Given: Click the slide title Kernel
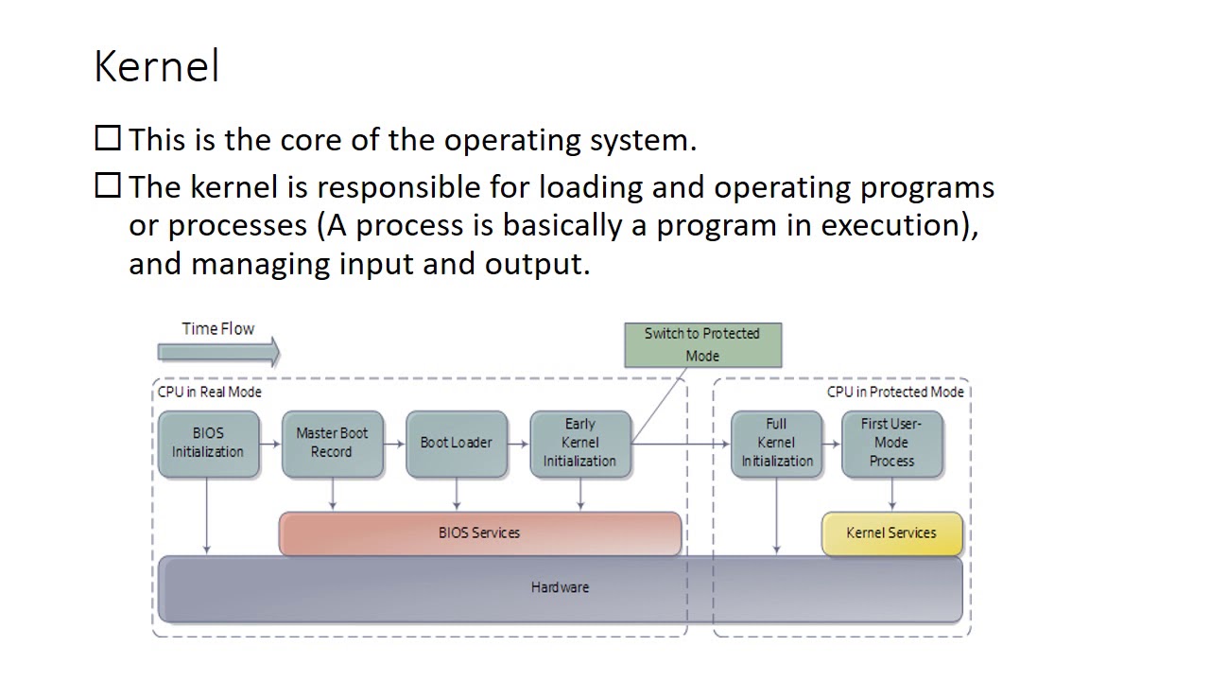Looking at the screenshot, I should pyautogui.click(x=157, y=67).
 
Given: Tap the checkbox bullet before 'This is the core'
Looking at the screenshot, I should pyautogui.click(x=108, y=139).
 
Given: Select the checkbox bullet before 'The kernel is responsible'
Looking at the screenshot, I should pyautogui.click(x=108, y=185).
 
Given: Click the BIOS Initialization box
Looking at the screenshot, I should pyautogui.click(x=208, y=443).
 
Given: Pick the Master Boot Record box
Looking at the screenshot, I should pyautogui.click(x=332, y=443).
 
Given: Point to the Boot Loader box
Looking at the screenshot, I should pyautogui.click(x=456, y=443).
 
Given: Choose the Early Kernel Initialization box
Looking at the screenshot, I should pyautogui.click(x=579, y=443).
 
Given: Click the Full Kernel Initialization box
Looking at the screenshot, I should pyautogui.click(x=776, y=443).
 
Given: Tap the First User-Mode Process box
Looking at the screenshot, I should pyautogui.click(x=891, y=443).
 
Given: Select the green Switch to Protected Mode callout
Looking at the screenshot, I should pyautogui.click(x=702, y=344).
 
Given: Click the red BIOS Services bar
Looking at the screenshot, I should pyautogui.click(x=479, y=533).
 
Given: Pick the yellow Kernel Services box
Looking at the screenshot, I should pyautogui.click(x=891, y=533).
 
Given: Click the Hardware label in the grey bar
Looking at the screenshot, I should pyautogui.click(x=560, y=587).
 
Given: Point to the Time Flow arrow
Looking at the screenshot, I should pyautogui.click(x=218, y=353).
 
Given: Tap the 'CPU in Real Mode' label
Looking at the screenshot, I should pyautogui.click(x=209, y=392).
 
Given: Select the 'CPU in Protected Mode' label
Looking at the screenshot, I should pyautogui.click(x=895, y=392).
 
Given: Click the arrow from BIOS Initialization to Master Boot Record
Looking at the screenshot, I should pyautogui.click(x=270, y=443).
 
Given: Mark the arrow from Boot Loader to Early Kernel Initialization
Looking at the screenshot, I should pyautogui.click(x=518, y=443).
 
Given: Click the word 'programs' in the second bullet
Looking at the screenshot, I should pyautogui.click(x=926, y=187).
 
